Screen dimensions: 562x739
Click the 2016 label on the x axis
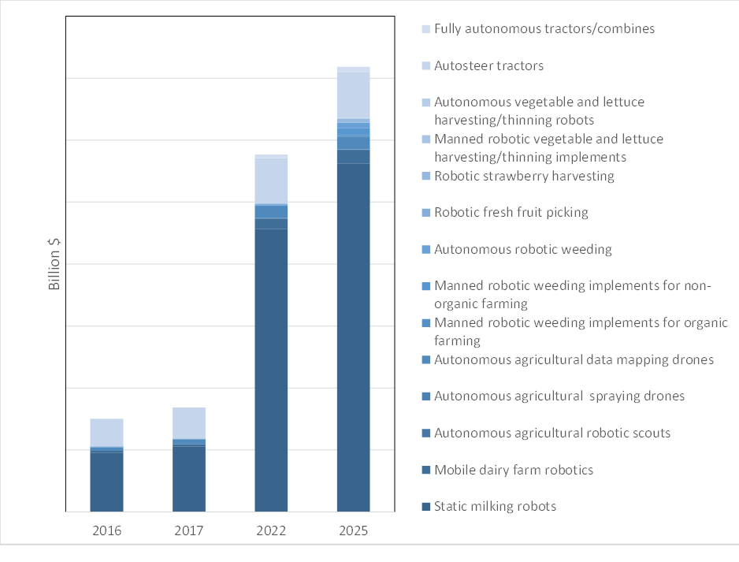pyautogui.click(x=106, y=531)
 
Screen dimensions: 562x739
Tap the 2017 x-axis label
pyautogui.click(x=189, y=531)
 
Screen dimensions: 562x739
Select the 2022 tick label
pyautogui.click(x=271, y=531)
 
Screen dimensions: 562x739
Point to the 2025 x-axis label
pyautogui.click(x=354, y=531)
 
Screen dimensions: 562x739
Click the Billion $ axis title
pyautogui.click(x=55, y=263)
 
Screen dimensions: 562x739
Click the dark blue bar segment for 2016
pyautogui.click(x=106, y=482)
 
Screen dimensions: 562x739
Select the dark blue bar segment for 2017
pyautogui.click(x=189, y=479)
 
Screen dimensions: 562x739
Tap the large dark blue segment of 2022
pyautogui.click(x=271, y=370)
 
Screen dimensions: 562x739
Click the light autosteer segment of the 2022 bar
pyautogui.click(x=271, y=181)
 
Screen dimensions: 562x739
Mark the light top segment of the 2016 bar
pyautogui.click(x=106, y=432)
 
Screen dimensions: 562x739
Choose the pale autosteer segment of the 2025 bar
pyautogui.click(x=354, y=95)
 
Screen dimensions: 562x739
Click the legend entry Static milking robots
pyautogui.click(x=495, y=506)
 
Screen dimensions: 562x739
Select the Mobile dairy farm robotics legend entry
pyautogui.click(x=513, y=470)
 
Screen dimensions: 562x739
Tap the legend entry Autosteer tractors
pyautogui.click(x=488, y=65)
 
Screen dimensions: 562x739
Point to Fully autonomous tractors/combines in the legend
pyautogui.click(x=544, y=28)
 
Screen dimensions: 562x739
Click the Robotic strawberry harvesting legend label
pyautogui.click(x=524, y=176)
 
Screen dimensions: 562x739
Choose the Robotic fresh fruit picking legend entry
pyautogui.click(x=511, y=212)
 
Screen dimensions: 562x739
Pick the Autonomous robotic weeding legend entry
pyautogui.click(x=522, y=249)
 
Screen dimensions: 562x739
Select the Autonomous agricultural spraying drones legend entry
pyautogui.click(x=559, y=396)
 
